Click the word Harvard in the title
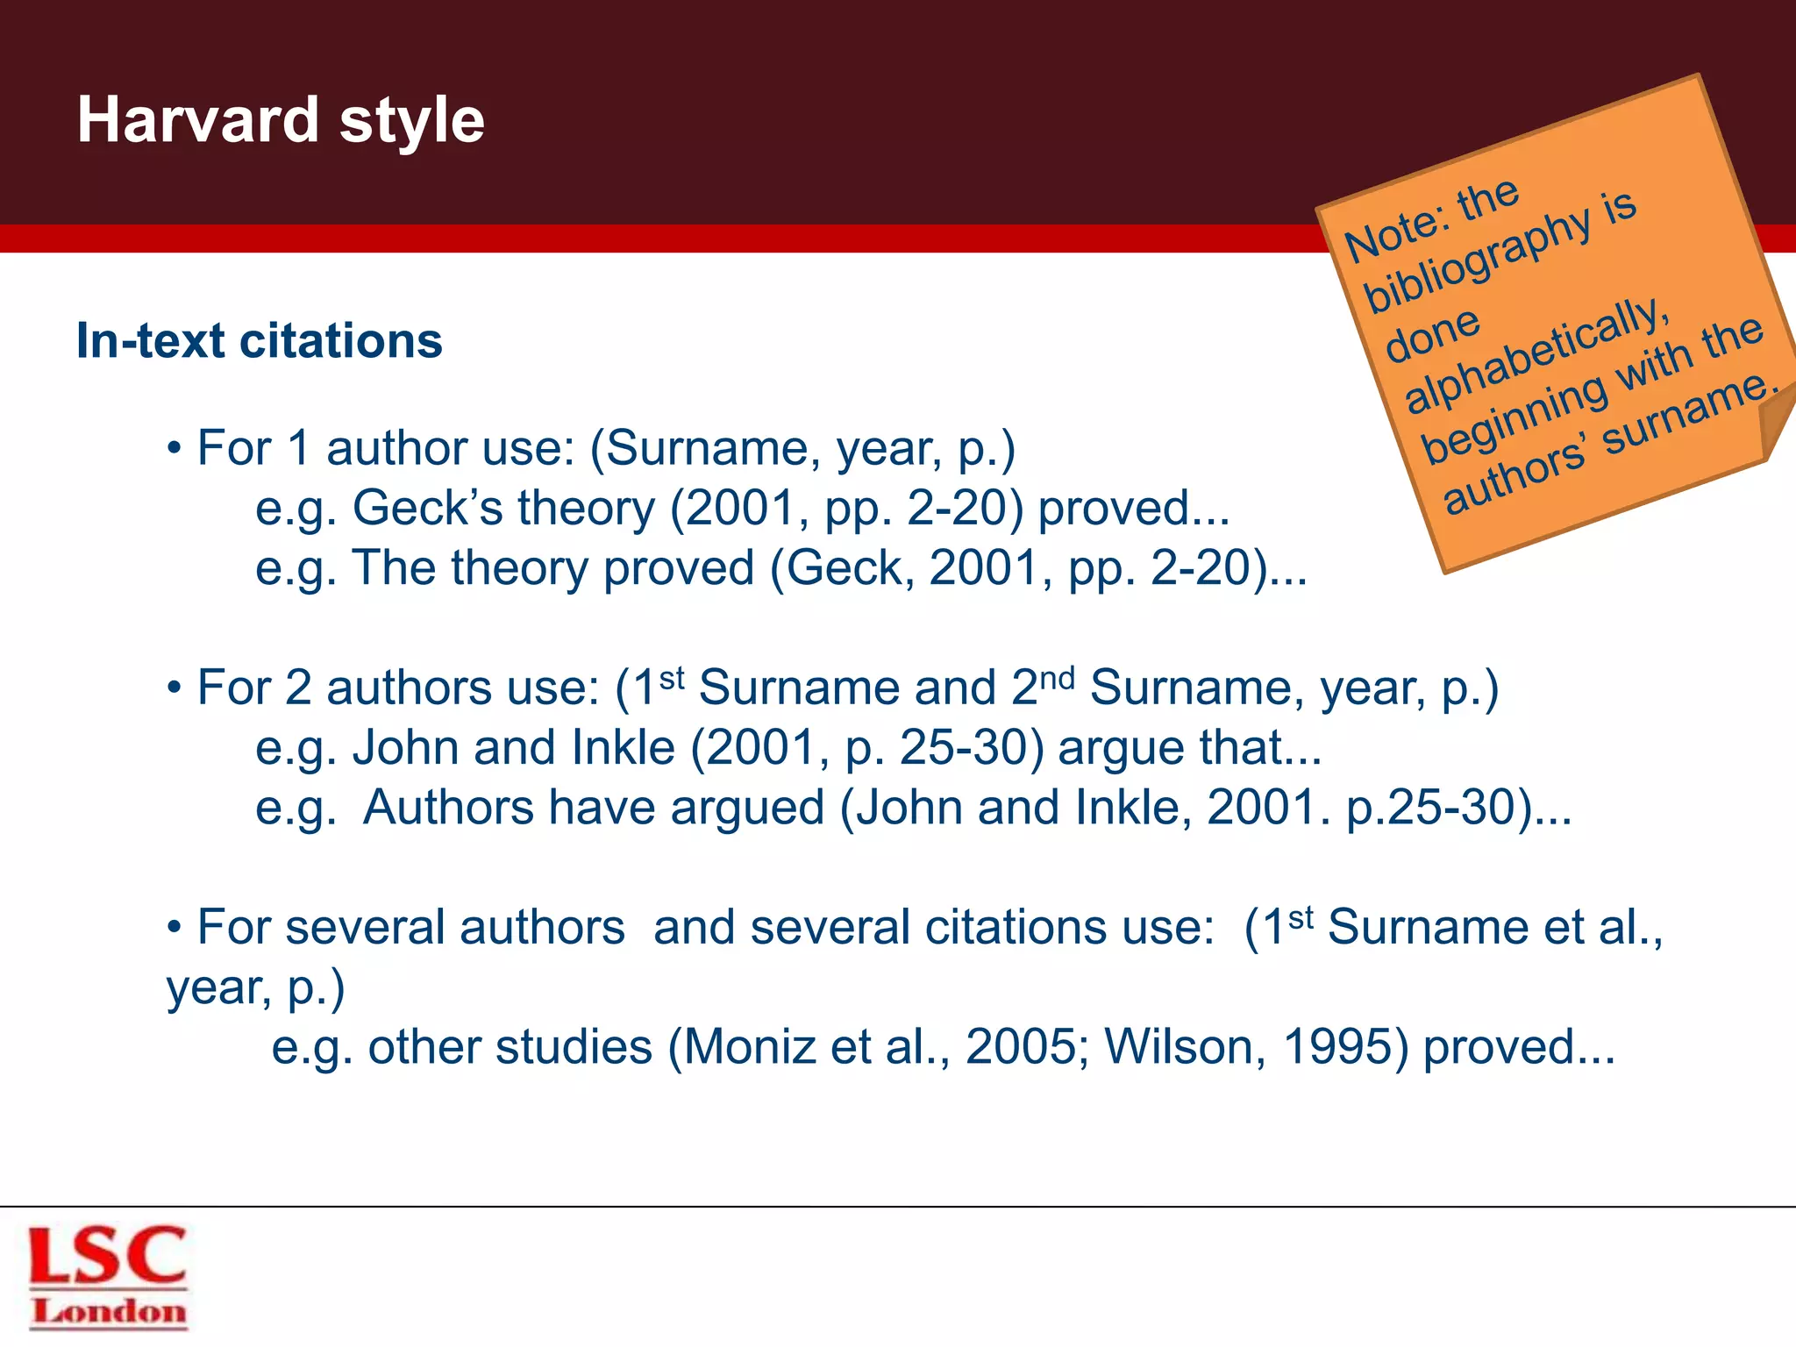[x=197, y=120]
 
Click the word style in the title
[x=411, y=122]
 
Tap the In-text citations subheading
[x=260, y=340]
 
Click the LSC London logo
[x=108, y=1276]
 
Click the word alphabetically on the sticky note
[x=1534, y=354]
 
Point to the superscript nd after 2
[x=1057, y=677]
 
